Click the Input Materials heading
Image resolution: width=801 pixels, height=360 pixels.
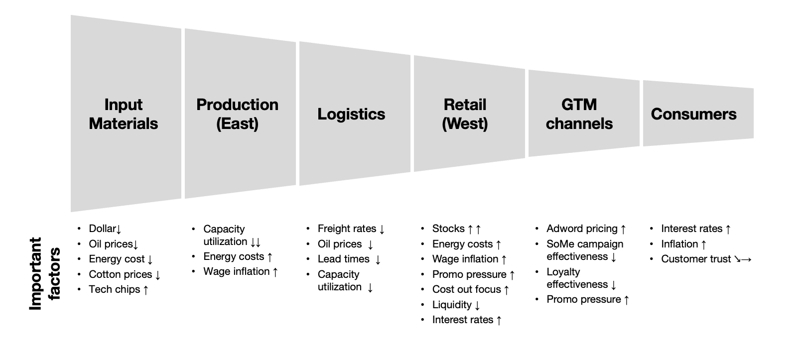point(123,114)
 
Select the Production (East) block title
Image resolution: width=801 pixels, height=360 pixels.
point(237,114)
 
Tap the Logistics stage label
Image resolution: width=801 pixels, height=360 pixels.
point(351,114)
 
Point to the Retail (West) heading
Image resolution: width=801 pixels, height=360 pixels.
point(465,114)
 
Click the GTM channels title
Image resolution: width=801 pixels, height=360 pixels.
point(579,114)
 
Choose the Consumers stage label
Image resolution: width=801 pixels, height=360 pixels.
point(693,114)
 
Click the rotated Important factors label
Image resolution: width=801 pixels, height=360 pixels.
point(45,273)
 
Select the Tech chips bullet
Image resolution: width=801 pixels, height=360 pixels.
point(119,289)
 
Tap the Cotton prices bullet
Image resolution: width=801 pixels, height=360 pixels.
point(125,274)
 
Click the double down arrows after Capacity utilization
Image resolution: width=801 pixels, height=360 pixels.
point(255,242)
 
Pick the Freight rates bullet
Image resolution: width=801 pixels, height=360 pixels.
point(351,229)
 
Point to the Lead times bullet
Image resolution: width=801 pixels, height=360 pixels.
point(349,259)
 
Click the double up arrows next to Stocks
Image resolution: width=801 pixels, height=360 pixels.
point(474,229)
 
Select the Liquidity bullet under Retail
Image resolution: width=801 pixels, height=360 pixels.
point(456,305)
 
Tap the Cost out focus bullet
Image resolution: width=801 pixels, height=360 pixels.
point(470,289)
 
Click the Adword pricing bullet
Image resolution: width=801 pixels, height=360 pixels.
point(586,229)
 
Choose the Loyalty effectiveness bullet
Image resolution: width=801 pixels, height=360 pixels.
point(581,278)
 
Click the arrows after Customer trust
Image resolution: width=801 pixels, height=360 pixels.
point(743,259)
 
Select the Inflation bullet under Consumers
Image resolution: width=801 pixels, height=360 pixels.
point(683,244)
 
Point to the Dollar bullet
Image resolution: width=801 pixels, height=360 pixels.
point(105,229)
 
